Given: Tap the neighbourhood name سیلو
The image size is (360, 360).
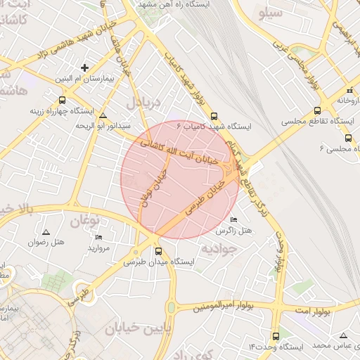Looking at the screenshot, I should pyautogui.click(x=272, y=13).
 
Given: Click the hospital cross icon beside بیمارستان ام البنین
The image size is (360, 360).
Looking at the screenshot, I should pyautogui.click(x=85, y=68).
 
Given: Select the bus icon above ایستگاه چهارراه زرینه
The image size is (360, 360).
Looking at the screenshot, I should pyautogui.click(x=62, y=99).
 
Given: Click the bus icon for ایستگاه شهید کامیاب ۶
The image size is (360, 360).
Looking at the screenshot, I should pyautogui.click(x=214, y=117).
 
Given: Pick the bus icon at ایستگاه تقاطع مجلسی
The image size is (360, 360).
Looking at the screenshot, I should pyautogui.click(x=318, y=110).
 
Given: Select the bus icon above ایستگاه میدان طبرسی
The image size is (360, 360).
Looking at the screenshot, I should pyautogui.click(x=158, y=250).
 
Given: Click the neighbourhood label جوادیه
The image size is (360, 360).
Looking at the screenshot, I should pyautogui.click(x=217, y=248).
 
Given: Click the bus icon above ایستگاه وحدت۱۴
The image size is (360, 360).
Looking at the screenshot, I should pyautogui.click(x=276, y=336).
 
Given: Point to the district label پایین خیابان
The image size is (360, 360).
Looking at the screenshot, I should pyautogui.click(x=138, y=328).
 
